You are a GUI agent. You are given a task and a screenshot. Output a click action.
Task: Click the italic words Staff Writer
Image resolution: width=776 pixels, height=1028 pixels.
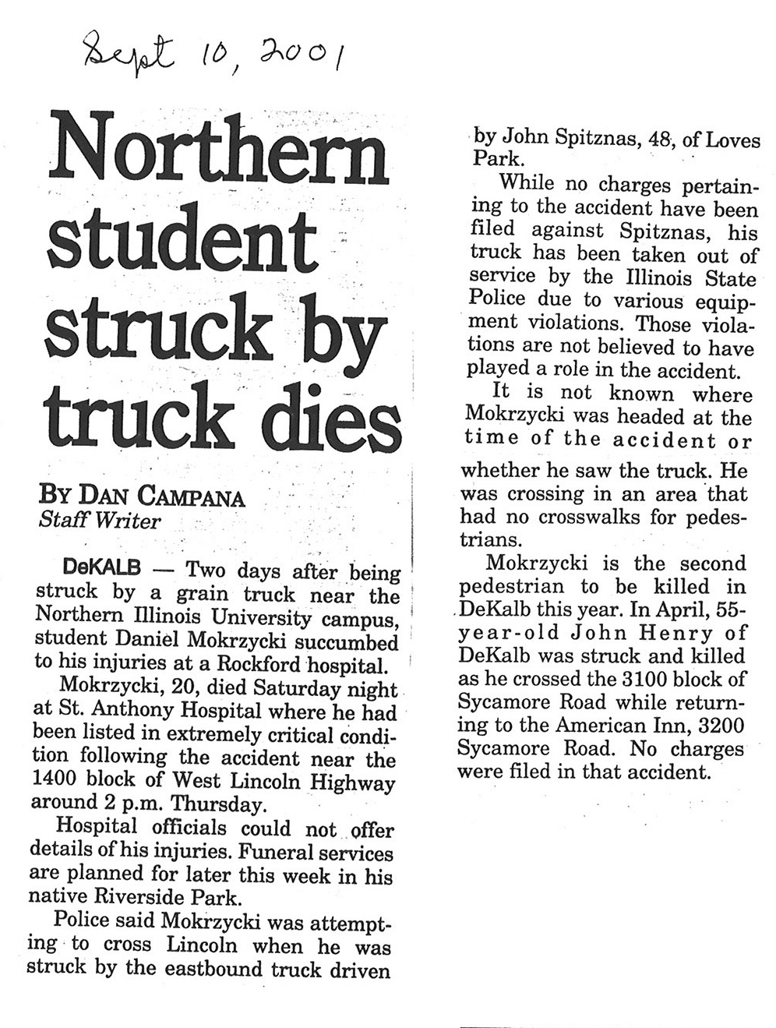99,521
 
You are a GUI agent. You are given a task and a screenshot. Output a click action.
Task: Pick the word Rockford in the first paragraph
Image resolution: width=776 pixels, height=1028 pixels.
254,665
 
